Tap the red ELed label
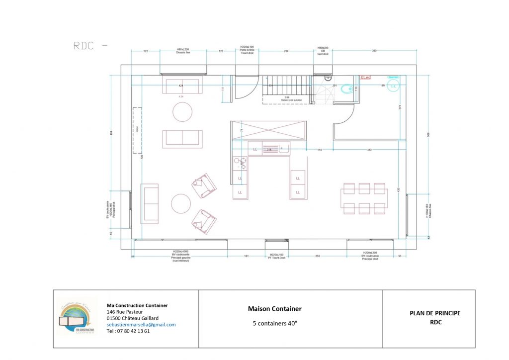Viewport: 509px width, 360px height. click(366, 78)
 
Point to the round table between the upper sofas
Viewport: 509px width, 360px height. click(182, 112)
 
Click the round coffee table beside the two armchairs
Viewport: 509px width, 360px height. click(181, 203)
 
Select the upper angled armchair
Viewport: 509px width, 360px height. click(204, 185)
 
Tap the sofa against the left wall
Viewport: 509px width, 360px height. click(150, 203)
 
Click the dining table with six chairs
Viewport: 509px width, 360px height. click(365, 198)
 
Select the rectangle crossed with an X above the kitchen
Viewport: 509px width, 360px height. click(268, 130)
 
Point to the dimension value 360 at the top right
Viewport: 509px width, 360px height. click(374, 51)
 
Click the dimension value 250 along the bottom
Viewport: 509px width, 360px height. click(318, 256)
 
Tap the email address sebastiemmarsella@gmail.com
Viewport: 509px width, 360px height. click(141, 325)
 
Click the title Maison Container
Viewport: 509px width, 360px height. click(274, 309)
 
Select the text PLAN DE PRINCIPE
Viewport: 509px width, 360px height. click(435, 313)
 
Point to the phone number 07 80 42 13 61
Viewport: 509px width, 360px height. click(128, 331)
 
